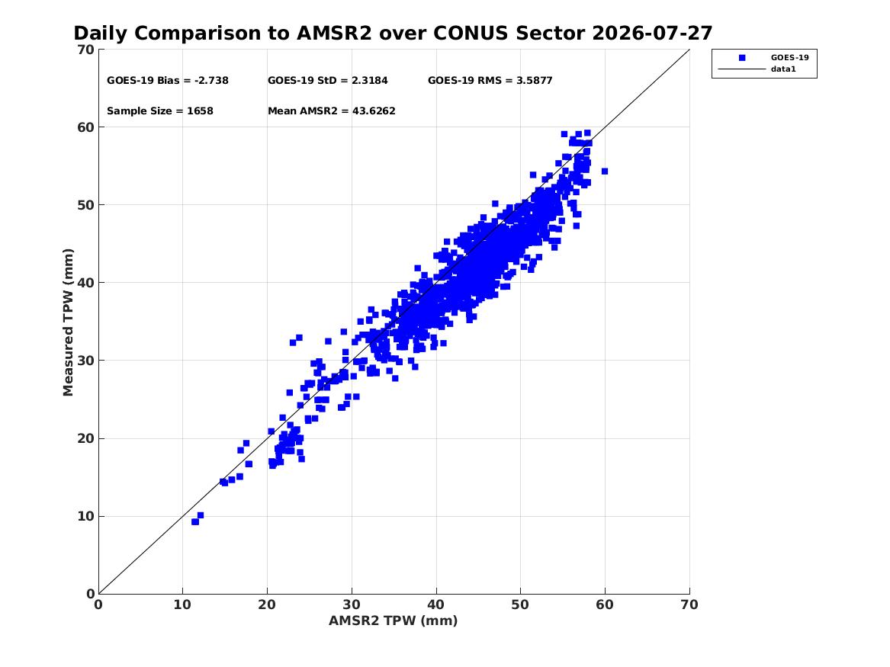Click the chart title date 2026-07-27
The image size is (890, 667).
pos(652,33)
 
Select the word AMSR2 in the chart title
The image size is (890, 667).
pos(334,33)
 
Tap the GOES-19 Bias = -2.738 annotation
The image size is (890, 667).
pos(168,81)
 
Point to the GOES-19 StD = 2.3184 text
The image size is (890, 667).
pos(327,81)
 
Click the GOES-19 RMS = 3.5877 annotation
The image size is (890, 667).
pos(490,81)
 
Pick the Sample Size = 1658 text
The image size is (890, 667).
pos(160,111)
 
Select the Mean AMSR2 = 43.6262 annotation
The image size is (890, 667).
pos(332,111)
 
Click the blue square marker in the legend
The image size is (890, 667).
pos(742,58)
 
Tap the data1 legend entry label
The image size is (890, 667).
pos(783,69)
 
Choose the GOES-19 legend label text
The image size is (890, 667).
pos(789,57)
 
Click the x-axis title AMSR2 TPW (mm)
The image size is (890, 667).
pos(394,621)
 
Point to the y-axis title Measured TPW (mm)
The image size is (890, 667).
pos(68,322)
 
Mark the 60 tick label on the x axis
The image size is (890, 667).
pos(605,604)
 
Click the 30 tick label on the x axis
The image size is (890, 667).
pos(352,604)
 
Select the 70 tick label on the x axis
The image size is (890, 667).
pos(689,604)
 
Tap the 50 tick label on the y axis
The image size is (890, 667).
pos(86,205)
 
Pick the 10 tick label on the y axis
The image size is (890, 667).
pos(86,516)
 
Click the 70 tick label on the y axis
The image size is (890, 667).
pos(86,50)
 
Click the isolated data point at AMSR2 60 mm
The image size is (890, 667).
pos(605,172)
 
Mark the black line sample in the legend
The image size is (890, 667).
pos(742,69)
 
